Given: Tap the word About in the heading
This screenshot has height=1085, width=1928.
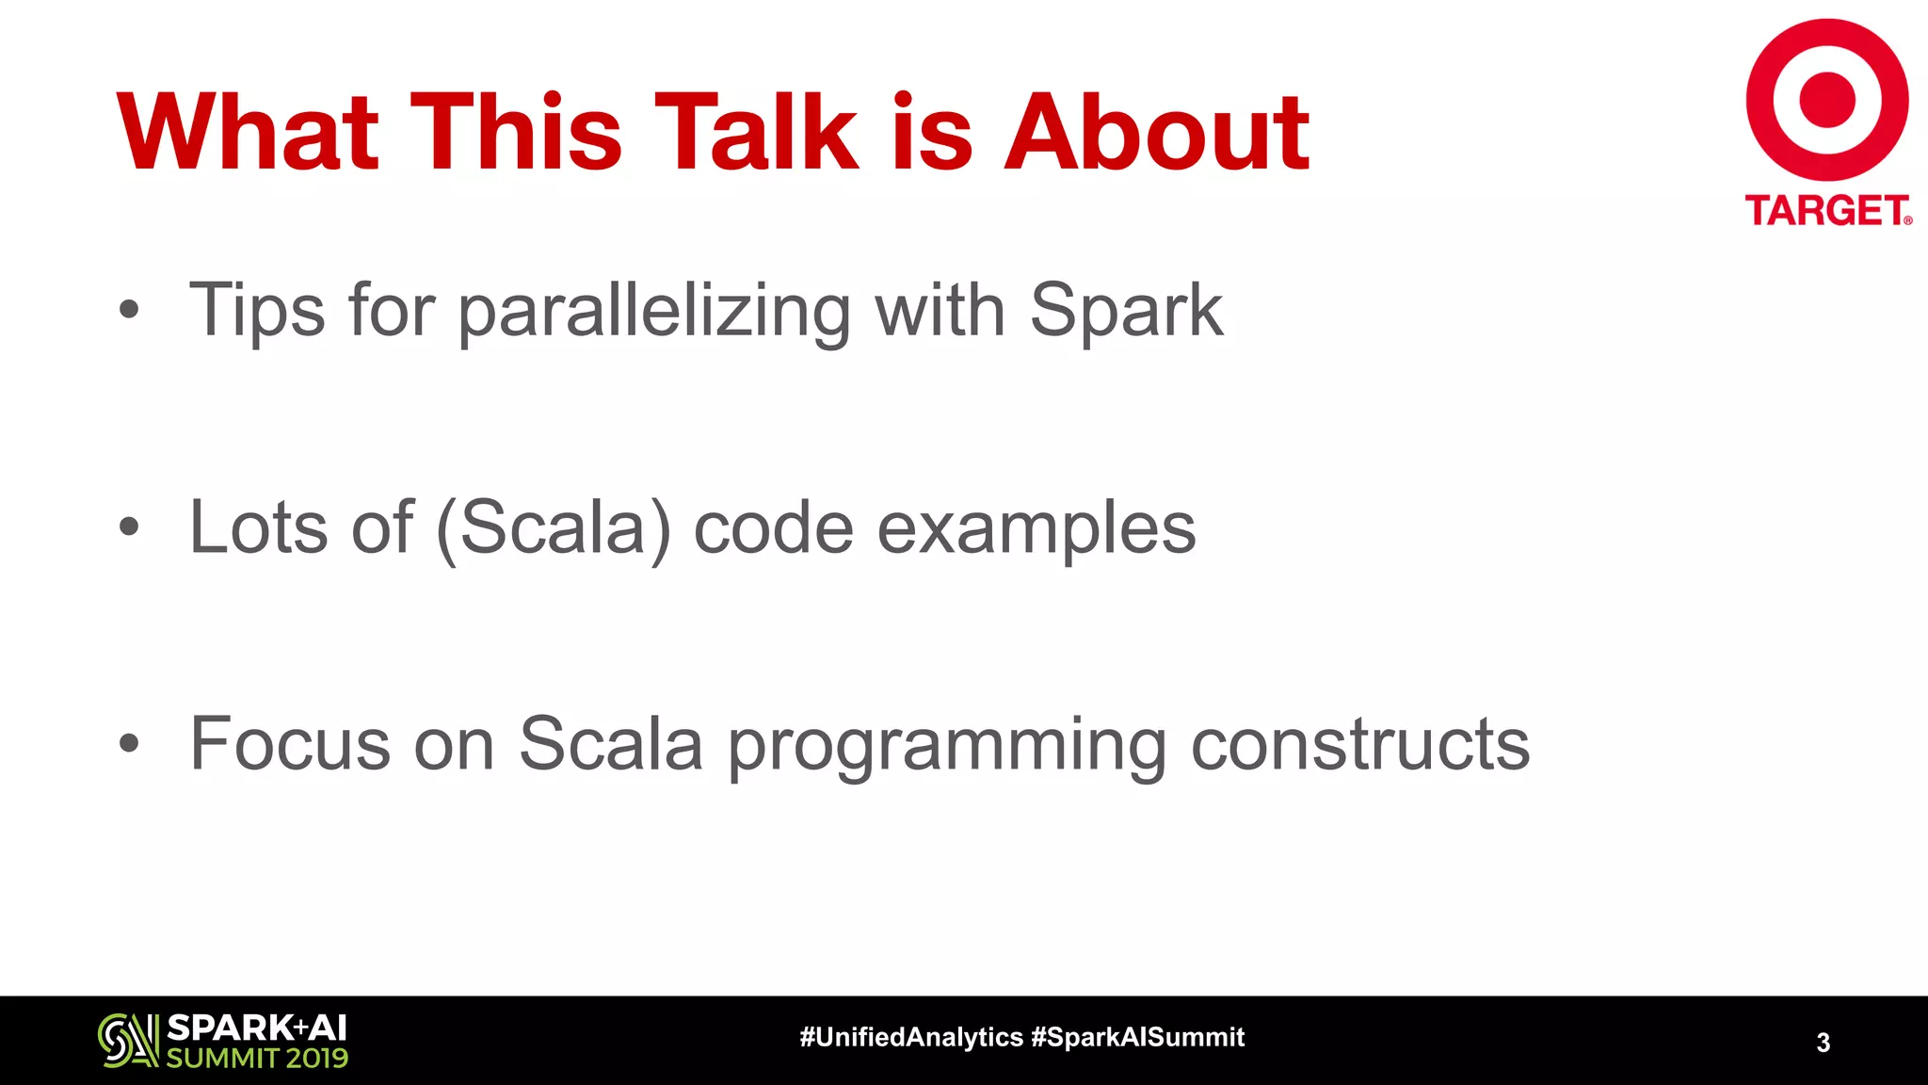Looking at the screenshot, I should click(x=1157, y=132).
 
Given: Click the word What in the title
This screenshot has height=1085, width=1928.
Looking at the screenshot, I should click(x=248, y=132).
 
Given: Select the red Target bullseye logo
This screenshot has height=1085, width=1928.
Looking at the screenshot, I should click(x=1826, y=100).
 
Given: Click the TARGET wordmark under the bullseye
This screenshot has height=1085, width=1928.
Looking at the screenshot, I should click(x=1826, y=211).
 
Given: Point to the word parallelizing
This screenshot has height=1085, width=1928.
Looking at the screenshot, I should click(x=654, y=311).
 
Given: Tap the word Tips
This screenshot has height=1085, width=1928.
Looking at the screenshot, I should click(x=257, y=311).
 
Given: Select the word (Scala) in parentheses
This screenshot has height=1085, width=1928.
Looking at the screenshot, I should click(x=554, y=528).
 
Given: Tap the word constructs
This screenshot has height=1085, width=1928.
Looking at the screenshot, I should click(x=1360, y=744).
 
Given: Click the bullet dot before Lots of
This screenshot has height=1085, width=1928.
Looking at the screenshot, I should click(x=129, y=528).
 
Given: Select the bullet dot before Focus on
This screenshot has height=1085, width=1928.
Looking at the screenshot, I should click(x=129, y=744).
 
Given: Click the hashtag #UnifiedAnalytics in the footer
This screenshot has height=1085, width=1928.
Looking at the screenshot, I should click(x=910, y=1037).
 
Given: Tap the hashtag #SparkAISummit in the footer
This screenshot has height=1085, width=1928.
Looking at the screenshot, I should click(x=1137, y=1037).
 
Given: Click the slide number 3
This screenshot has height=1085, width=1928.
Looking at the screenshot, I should click(x=1823, y=1043).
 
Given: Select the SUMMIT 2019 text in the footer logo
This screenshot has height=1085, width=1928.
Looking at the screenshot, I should click(x=257, y=1058).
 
